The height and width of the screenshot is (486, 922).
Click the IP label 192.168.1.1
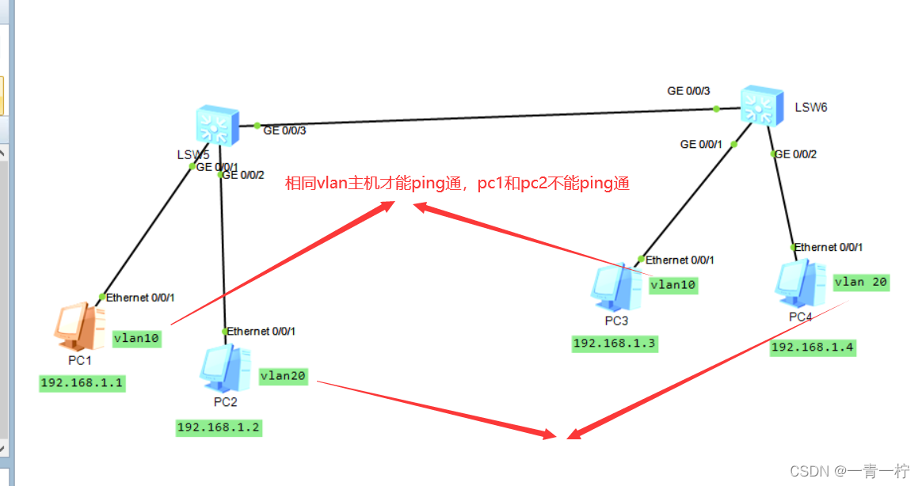[x=83, y=383]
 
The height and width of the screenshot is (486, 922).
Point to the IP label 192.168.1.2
[x=219, y=427]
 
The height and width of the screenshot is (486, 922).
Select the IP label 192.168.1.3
[x=615, y=343]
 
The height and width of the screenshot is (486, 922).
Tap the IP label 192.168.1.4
[x=813, y=347]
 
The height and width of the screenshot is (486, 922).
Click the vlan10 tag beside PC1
[x=137, y=338]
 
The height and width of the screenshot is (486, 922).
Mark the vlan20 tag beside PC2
[x=284, y=377]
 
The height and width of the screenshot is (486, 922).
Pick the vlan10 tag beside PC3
[x=673, y=284]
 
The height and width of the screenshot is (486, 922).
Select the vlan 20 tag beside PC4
[x=861, y=282]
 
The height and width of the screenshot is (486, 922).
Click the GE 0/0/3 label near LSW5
[x=285, y=131]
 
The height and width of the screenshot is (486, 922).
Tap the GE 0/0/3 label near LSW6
[x=688, y=91]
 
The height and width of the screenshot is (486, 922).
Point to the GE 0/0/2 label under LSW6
[x=795, y=154]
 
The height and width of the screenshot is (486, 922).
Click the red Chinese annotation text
[x=458, y=184]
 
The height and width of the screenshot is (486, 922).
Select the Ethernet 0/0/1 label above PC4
[x=829, y=247]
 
